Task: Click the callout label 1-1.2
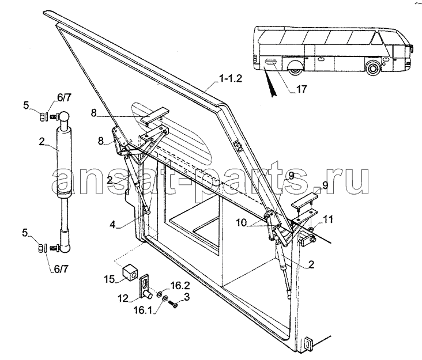[x=231, y=78]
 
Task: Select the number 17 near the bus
[x=302, y=89]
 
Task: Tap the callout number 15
[x=110, y=279]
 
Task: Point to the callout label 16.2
[x=180, y=286]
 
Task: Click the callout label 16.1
[x=143, y=310]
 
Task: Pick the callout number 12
[x=123, y=298]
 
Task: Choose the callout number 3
[x=187, y=297]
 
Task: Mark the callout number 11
[x=328, y=219]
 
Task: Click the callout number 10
[x=242, y=222]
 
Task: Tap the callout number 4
[x=112, y=225]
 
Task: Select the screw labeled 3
[x=173, y=305]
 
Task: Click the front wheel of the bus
[x=373, y=68]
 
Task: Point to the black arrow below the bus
[x=270, y=83]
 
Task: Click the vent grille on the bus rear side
[x=271, y=62]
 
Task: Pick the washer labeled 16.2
[x=160, y=293]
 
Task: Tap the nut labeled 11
[x=310, y=229]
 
